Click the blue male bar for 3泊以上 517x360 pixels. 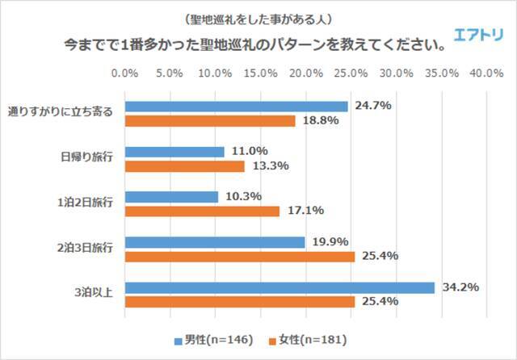coord(280,287)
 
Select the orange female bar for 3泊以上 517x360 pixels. coord(240,302)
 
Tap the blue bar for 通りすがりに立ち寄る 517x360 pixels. coord(237,106)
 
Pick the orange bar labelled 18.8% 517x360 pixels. coord(210,120)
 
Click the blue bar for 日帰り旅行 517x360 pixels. coord(174,151)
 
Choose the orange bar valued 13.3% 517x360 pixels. coord(185,166)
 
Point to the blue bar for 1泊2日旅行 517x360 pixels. coord(171,196)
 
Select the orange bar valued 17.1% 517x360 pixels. coord(202,211)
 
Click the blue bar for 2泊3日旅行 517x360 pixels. coord(215,242)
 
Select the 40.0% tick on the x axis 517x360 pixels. coord(486,73)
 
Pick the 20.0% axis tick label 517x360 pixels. coord(305,73)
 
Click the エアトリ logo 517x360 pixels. coord(480,36)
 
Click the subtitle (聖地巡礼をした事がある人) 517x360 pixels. coord(258,18)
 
